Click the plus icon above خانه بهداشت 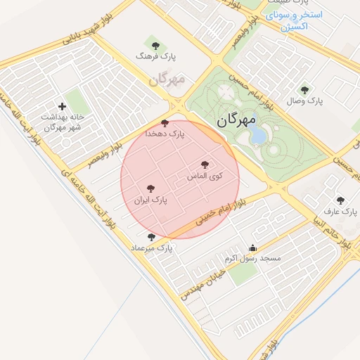click(x=63, y=106)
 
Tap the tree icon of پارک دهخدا click(x=165, y=123)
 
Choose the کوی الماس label click(x=205, y=175)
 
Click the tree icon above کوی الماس click(x=205, y=165)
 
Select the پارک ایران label click(x=151, y=200)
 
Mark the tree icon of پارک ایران click(x=150, y=188)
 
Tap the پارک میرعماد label click(x=151, y=248)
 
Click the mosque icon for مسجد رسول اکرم click(x=253, y=247)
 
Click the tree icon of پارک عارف click(x=340, y=200)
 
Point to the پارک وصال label click(x=304, y=101)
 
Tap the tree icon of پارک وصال click(x=304, y=90)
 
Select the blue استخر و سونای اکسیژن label click(x=295, y=20)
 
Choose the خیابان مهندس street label click(x=202, y=283)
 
